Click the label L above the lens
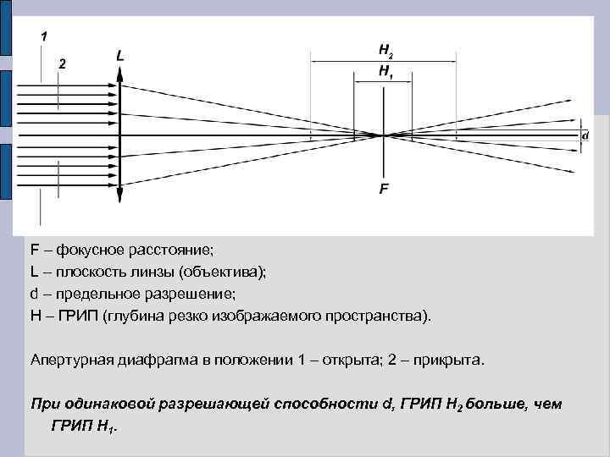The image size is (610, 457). pos(120,56)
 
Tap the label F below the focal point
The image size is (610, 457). pos(385,189)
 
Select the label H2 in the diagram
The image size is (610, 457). pos(385,51)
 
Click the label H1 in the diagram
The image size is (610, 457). pos(385,74)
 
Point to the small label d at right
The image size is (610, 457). pos(585,135)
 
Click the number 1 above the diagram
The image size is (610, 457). pos(44,36)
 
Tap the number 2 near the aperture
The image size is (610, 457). pos(62,63)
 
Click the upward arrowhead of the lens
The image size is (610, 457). pos(121,73)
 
